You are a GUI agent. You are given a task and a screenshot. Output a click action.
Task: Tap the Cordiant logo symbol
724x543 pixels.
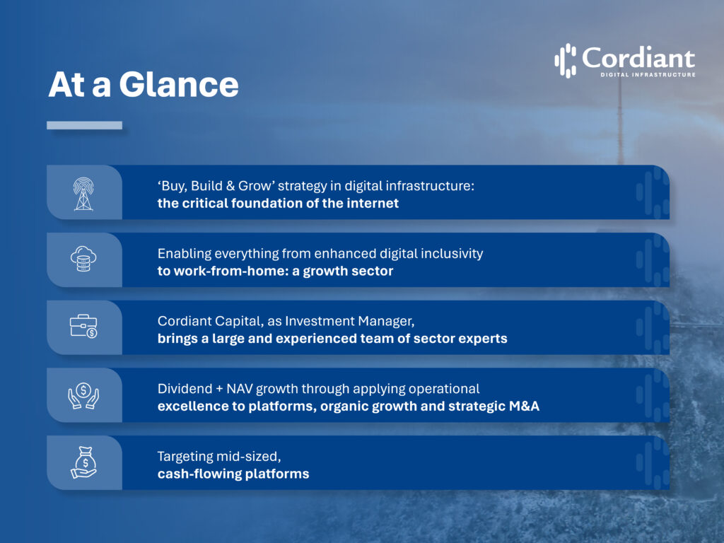point(565,60)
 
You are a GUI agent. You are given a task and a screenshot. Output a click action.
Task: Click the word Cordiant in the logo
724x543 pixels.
point(638,58)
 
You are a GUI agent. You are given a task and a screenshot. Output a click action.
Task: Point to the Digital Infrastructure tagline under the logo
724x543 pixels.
point(647,74)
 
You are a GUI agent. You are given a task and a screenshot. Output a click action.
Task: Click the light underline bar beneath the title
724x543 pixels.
point(84,125)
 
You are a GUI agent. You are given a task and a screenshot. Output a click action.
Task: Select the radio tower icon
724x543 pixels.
point(83,193)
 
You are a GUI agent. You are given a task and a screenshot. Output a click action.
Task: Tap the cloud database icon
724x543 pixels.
point(83,259)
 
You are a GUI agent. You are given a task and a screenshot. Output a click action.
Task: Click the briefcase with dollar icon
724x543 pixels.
point(83,327)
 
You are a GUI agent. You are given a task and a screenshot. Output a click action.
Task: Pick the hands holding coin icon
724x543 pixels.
point(83,395)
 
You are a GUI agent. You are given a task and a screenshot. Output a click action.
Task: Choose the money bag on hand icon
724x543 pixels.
point(83,462)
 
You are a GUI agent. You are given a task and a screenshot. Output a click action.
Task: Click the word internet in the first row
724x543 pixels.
point(370,204)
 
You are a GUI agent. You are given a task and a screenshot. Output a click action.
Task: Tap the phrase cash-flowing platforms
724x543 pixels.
point(233,474)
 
